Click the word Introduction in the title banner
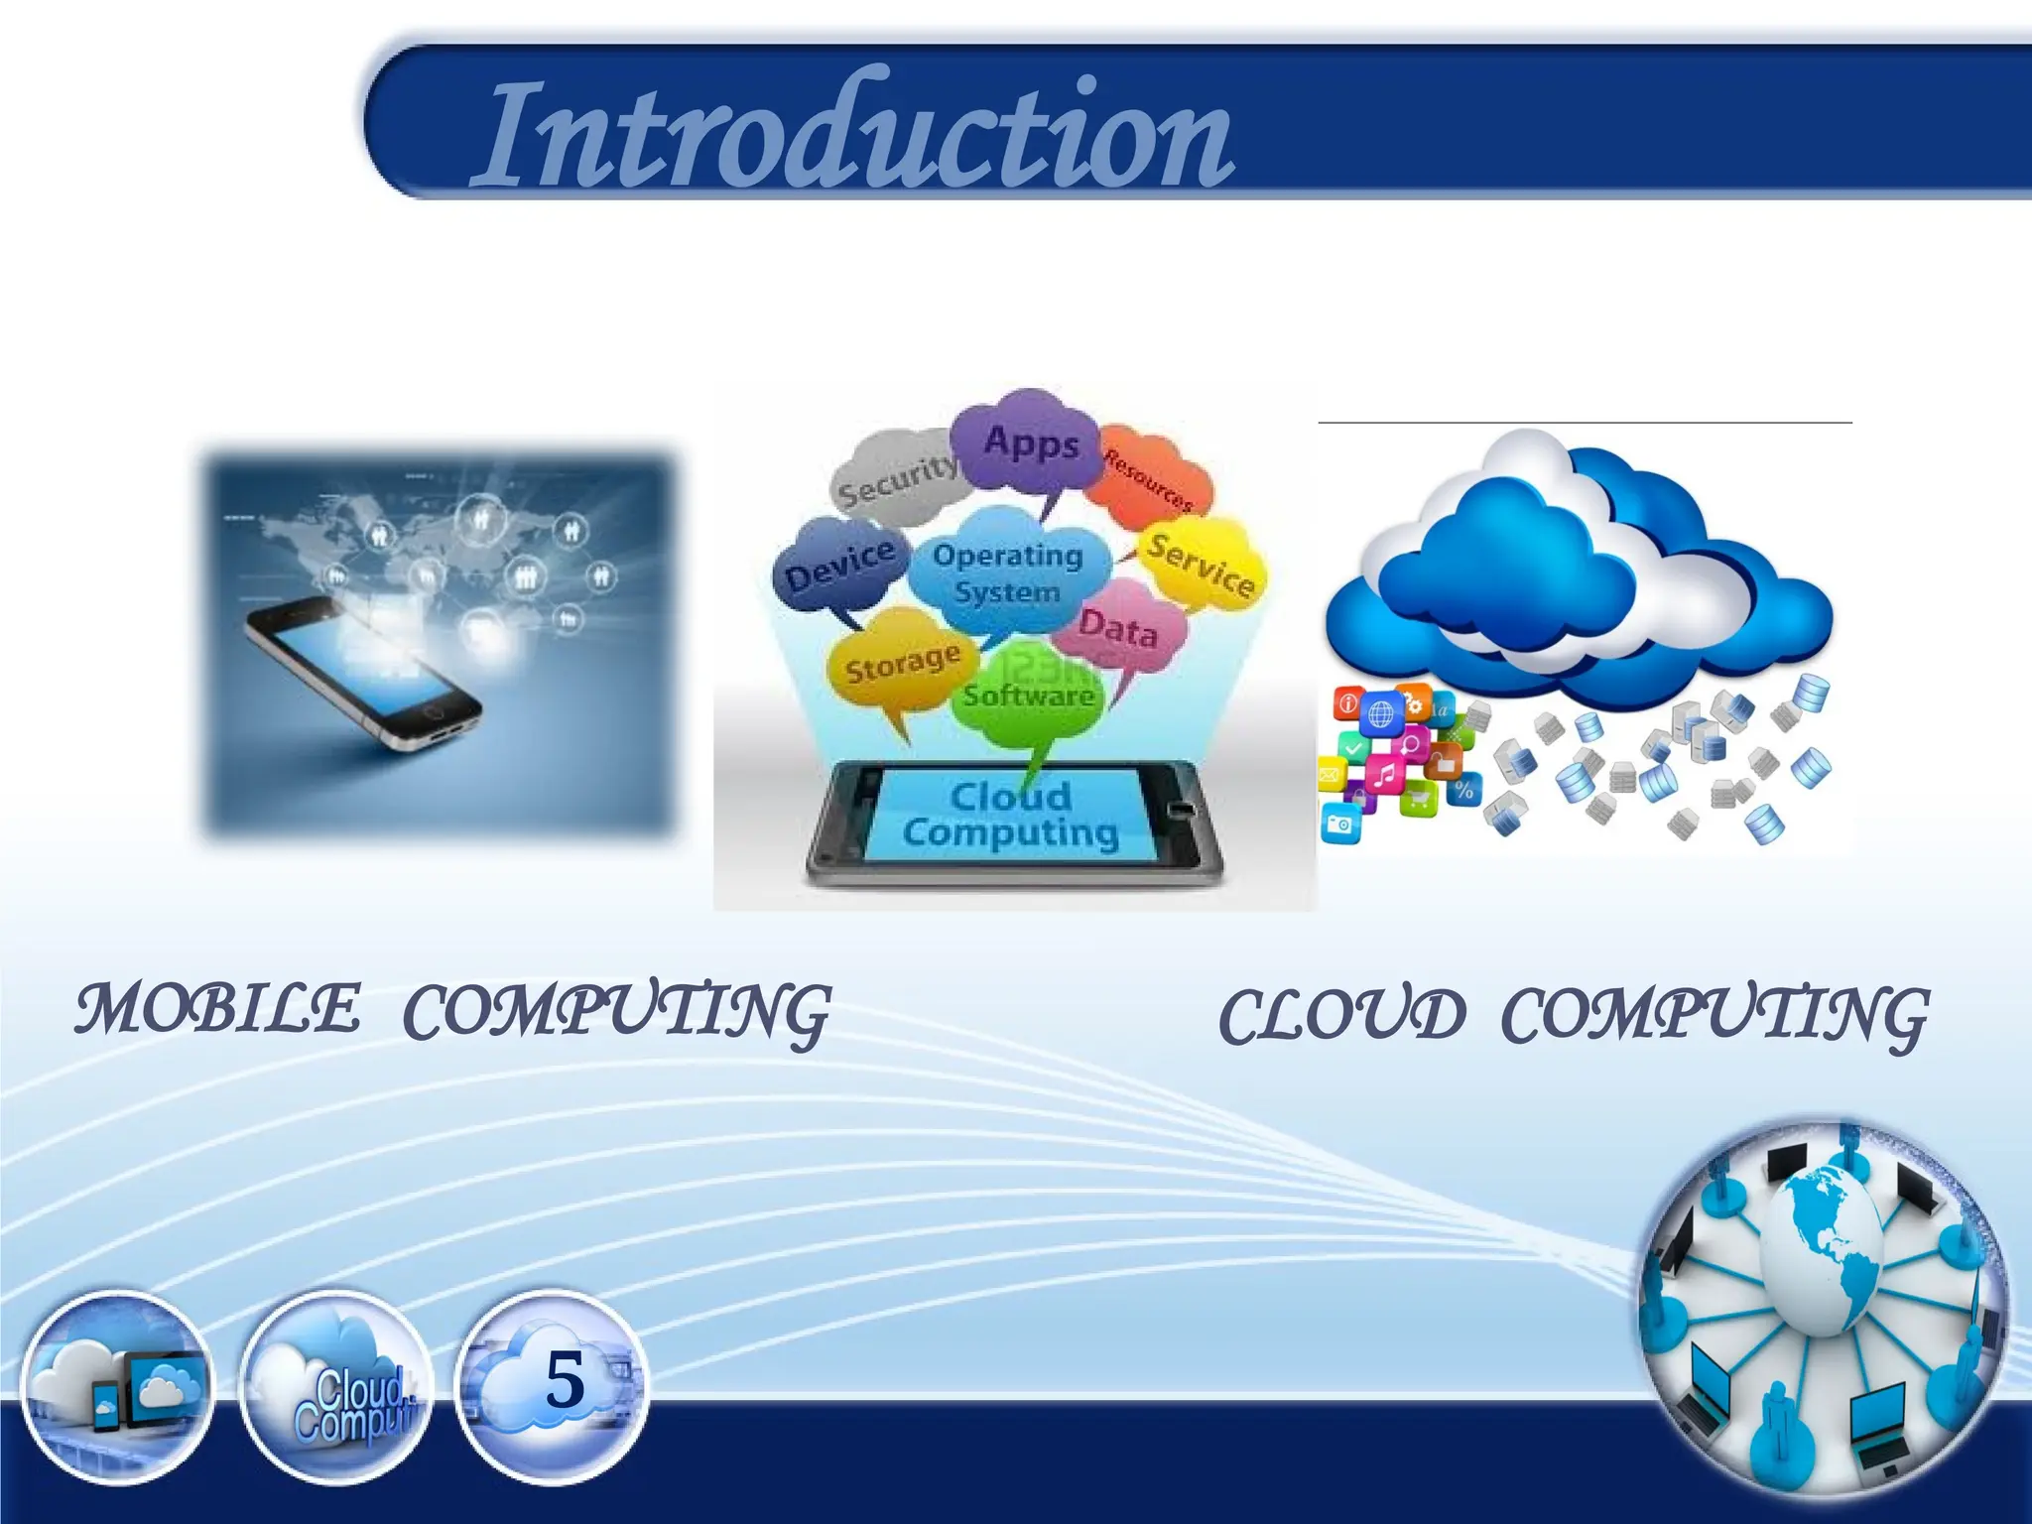tap(853, 134)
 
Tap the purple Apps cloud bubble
tap(1030, 443)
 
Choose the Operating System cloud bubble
tap(1007, 573)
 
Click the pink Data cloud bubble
tap(1119, 627)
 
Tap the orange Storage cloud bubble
tap(900, 665)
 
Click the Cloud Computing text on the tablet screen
tap(1010, 814)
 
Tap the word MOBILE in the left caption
tap(218, 1009)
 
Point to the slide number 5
tap(565, 1379)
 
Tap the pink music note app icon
tap(1385, 773)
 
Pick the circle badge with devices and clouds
tap(117, 1387)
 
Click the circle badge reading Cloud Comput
tap(337, 1387)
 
